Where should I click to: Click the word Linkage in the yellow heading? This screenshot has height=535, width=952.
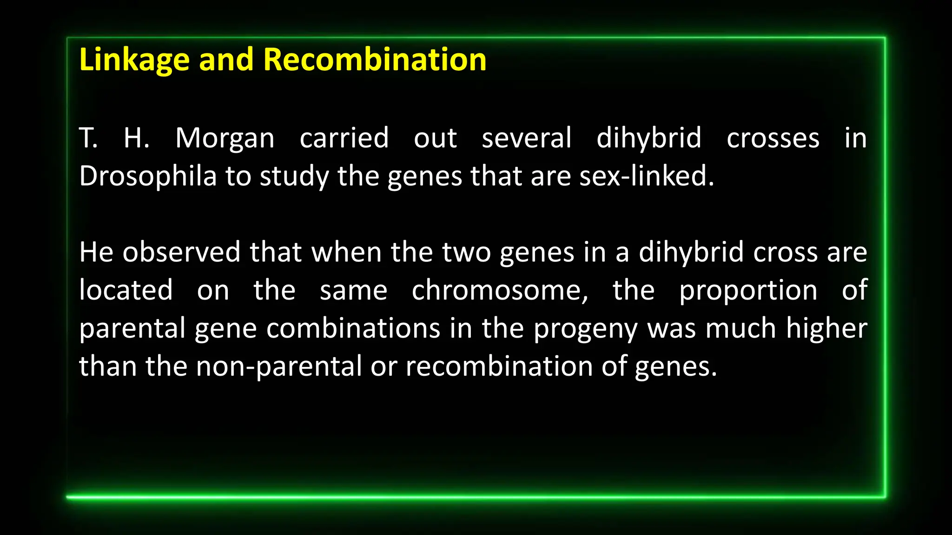[x=134, y=60]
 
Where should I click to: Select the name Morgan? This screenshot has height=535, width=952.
[x=225, y=138]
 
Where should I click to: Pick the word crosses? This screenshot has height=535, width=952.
[x=773, y=138]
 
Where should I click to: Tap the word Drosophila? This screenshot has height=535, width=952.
[x=148, y=176]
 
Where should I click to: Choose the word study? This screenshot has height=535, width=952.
[x=294, y=177]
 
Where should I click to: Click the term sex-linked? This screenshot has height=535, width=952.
[x=646, y=176]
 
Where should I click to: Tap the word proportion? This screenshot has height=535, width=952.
[x=748, y=292]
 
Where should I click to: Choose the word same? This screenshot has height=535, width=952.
[x=353, y=291]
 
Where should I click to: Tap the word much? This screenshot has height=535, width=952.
[x=740, y=328]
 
